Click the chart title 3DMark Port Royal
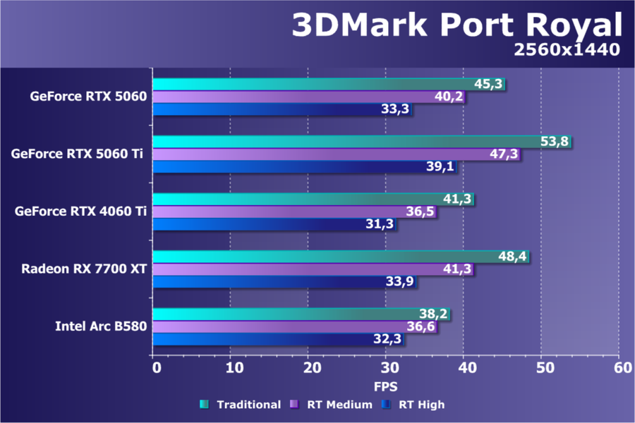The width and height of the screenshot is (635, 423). click(457, 25)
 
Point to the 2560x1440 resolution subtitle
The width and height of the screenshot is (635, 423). click(567, 49)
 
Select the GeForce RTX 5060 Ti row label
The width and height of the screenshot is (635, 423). click(76, 154)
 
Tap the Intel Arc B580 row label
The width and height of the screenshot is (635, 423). click(100, 326)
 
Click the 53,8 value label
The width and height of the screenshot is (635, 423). click(554, 142)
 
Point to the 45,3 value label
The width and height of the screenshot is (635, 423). click(488, 85)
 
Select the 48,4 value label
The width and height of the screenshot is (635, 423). click(513, 257)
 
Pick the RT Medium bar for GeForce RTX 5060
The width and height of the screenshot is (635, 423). click(296, 97)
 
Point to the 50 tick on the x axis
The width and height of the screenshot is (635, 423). click(542, 367)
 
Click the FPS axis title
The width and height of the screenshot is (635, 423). click(386, 386)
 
